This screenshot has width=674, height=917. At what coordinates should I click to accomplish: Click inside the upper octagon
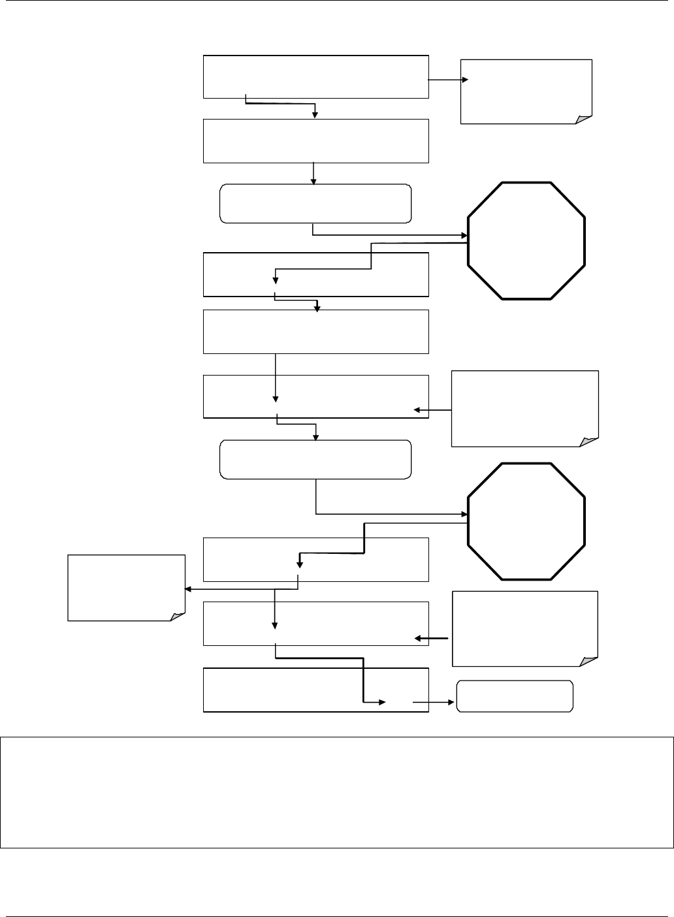click(x=527, y=240)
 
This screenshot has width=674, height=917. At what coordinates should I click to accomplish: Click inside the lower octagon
click(x=527, y=521)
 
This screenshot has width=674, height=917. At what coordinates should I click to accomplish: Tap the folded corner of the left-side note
click(x=176, y=615)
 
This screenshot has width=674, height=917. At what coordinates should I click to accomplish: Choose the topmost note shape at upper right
click(x=526, y=91)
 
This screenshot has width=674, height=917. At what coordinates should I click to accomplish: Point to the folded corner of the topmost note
click(x=583, y=118)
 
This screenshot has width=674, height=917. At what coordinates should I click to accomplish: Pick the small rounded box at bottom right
click(x=515, y=696)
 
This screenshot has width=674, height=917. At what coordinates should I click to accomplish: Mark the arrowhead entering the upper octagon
click(x=464, y=235)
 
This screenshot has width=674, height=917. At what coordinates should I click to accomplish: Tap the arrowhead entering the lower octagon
click(x=464, y=514)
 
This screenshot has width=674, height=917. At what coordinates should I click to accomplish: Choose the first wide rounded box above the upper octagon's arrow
click(x=316, y=204)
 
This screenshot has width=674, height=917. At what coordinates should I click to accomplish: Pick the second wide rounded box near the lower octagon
click(x=316, y=460)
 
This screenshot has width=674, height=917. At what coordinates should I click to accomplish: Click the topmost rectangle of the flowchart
click(x=316, y=76)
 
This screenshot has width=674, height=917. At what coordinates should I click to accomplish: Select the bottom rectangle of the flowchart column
click(x=316, y=690)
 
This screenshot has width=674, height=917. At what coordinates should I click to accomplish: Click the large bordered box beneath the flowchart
click(x=336, y=792)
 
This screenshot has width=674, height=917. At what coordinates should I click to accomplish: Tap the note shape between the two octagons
click(x=524, y=408)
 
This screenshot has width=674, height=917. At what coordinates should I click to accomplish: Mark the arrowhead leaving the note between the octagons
click(x=417, y=411)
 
